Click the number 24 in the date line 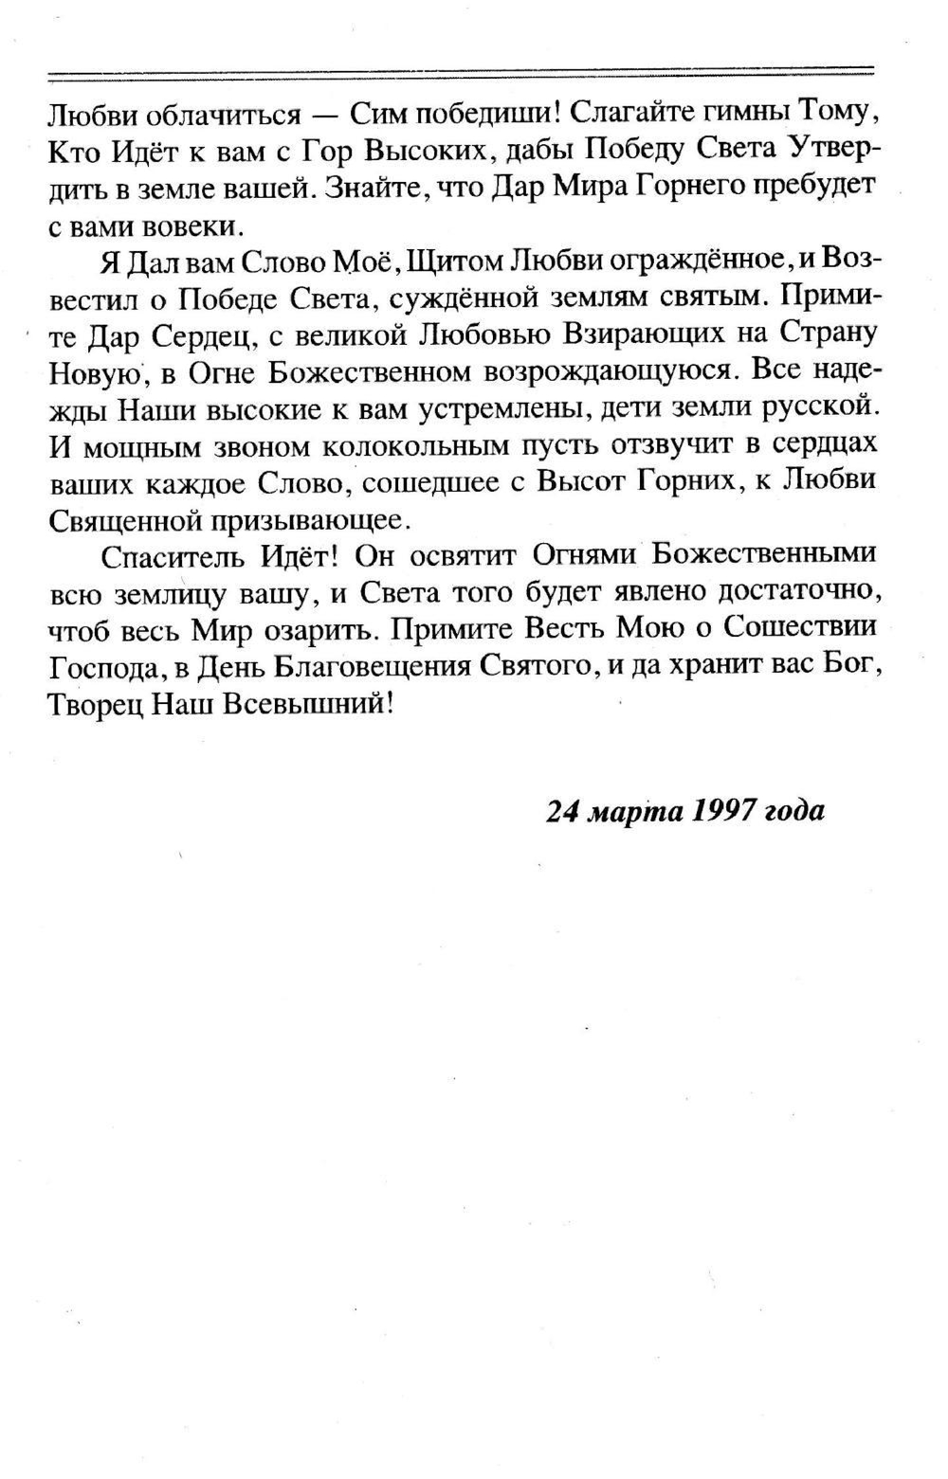[564, 812]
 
